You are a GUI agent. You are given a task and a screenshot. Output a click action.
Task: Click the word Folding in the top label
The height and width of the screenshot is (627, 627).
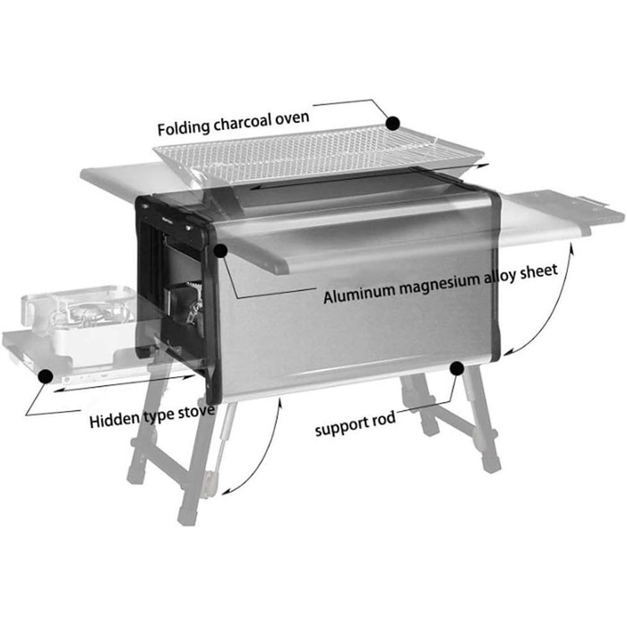click(x=184, y=128)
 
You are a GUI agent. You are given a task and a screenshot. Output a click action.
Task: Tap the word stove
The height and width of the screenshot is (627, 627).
click(x=196, y=411)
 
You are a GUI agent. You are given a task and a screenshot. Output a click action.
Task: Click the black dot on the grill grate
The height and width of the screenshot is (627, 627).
click(x=393, y=124)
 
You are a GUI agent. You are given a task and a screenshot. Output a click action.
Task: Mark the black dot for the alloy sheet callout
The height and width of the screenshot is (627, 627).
click(x=220, y=251)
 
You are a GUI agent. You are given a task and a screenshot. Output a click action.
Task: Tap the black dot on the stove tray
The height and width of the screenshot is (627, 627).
click(x=46, y=376)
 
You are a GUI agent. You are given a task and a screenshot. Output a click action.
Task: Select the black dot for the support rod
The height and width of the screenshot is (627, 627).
click(x=457, y=367)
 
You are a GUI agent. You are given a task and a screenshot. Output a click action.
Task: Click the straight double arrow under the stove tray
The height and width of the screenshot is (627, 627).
click(x=125, y=383)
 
